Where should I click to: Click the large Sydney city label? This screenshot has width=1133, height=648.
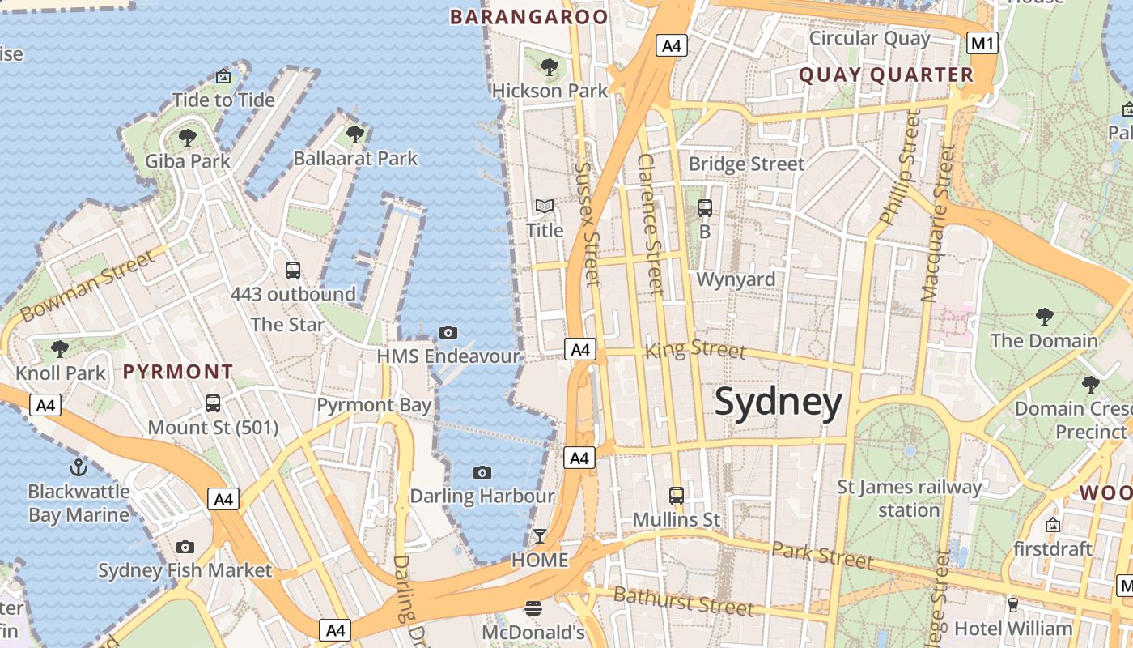pyautogui.click(x=778, y=403)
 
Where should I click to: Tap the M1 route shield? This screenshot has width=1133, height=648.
pyautogui.click(x=982, y=43)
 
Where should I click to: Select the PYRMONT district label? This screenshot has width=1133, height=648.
pyautogui.click(x=178, y=373)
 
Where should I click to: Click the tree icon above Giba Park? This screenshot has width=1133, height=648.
pyautogui.click(x=188, y=137)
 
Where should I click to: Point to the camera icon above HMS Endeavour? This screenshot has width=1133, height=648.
pyautogui.click(x=448, y=332)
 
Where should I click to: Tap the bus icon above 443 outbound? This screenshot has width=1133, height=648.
pyautogui.click(x=293, y=270)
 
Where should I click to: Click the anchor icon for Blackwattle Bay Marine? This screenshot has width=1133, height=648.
pyautogui.click(x=79, y=467)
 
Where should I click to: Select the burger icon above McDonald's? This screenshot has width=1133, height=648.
pyautogui.click(x=533, y=607)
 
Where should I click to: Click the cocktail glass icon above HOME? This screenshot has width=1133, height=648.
pyautogui.click(x=539, y=536)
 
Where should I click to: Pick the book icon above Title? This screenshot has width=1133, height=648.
pyautogui.click(x=545, y=207)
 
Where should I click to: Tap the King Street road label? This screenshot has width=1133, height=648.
pyautogui.click(x=694, y=350)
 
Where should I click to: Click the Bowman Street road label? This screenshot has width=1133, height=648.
pyautogui.click(x=87, y=286)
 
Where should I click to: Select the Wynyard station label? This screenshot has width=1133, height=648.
pyautogui.click(x=736, y=279)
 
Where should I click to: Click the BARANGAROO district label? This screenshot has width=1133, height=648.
pyautogui.click(x=528, y=17)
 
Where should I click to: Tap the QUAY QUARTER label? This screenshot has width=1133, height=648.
pyautogui.click(x=886, y=75)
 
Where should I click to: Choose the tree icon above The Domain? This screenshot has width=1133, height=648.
pyautogui.click(x=1044, y=316)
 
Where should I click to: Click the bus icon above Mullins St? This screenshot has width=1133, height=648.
pyautogui.click(x=676, y=495)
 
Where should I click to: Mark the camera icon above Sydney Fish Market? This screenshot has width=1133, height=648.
pyautogui.click(x=185, y=547)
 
